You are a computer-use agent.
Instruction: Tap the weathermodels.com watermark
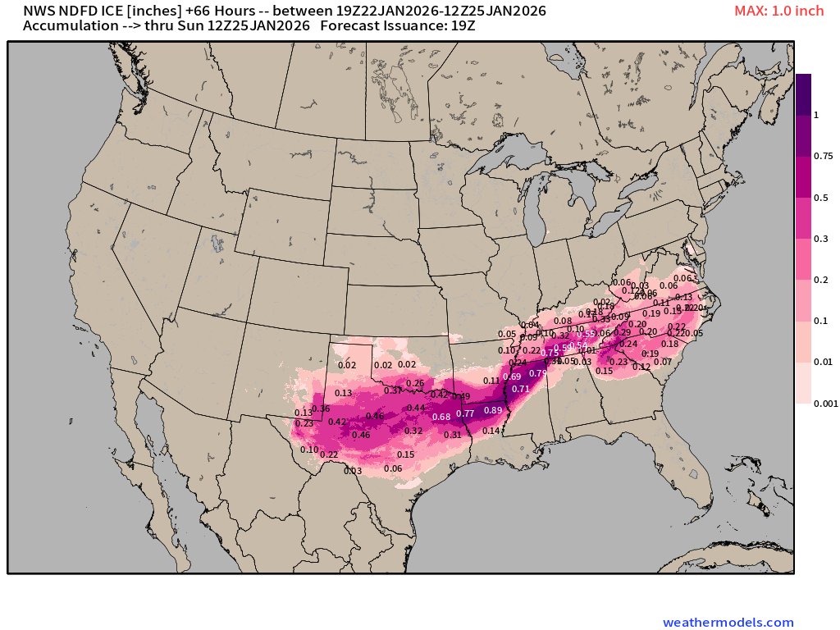(x=728, y=623)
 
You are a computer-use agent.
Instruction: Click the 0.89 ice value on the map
(x=493, y=410)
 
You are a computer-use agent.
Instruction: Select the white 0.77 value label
(x=465, y=413)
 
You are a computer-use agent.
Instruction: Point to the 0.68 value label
(x=441, y=417)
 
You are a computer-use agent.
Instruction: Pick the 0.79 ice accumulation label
(x=537, y=373)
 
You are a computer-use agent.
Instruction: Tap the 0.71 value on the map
(x=520, y=389)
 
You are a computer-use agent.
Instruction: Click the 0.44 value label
(x=416, y=408)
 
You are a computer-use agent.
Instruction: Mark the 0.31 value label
(x=453, y=435)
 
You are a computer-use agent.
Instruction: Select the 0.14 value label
(x=491, y=431)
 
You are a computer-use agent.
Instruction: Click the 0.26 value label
(x=416, y=383)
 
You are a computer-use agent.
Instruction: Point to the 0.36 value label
(x=321, y=409)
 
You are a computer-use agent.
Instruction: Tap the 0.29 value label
(x=623, y=332)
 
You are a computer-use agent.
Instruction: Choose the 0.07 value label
(x=663, y=362)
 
